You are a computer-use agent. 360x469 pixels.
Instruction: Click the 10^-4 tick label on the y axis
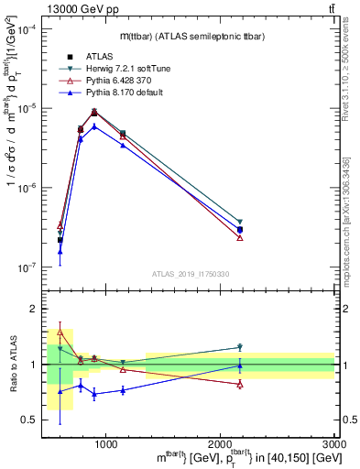tap(29, 29)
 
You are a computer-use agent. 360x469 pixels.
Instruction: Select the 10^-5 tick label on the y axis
tap(29, 109)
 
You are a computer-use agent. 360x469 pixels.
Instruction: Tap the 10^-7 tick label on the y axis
tap(29, 267)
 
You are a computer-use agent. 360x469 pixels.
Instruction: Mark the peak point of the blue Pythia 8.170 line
tap(94, 126)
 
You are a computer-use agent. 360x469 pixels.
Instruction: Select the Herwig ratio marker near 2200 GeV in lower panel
tap(240, 347)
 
